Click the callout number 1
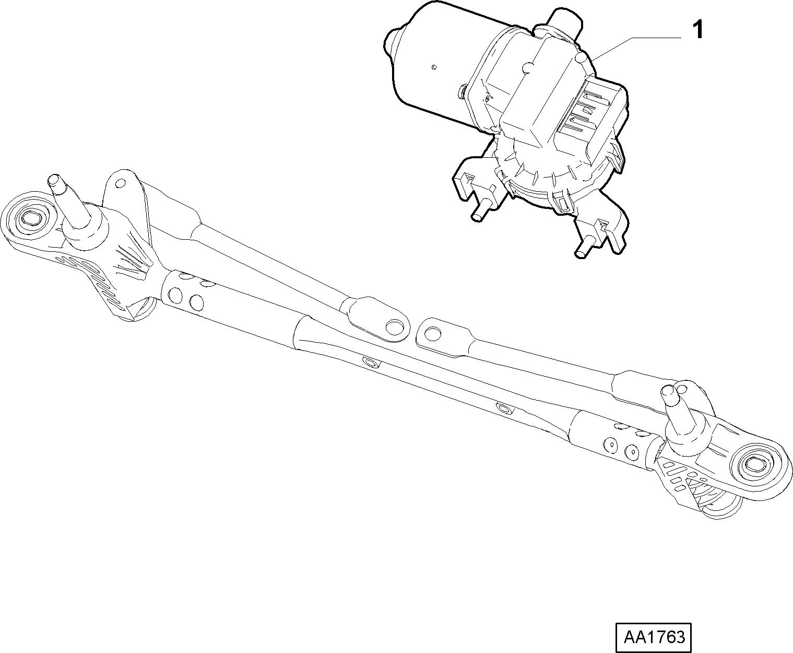[697, 30]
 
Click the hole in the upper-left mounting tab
[121, 183]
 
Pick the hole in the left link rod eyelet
[394, 328]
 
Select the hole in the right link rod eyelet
[432, 332]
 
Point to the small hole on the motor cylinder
[434, 68]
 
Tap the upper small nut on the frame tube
[371, 363]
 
